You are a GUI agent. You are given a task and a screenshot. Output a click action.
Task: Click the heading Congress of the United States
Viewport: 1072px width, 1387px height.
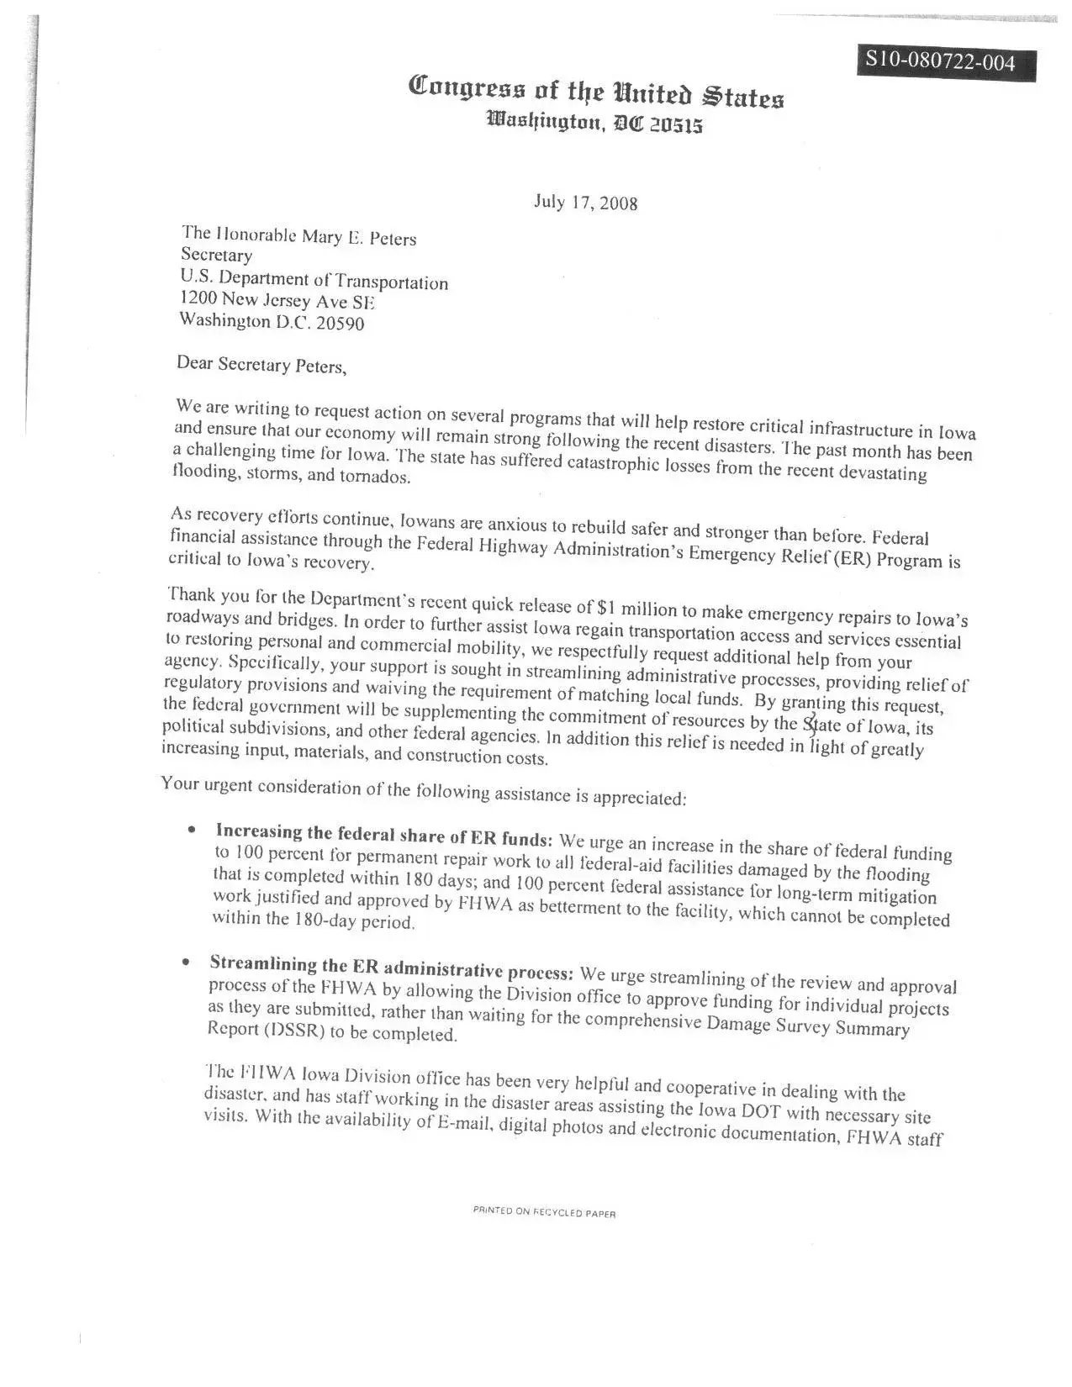596,91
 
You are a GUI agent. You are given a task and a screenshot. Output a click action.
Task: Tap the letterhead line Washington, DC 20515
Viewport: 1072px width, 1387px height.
594,124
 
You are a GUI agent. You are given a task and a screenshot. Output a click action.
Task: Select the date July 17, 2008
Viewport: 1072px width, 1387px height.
585,203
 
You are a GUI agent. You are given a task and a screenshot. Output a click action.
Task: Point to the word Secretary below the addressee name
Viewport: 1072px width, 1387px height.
216,255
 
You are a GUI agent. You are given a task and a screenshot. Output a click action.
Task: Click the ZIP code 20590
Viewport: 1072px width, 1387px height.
339,324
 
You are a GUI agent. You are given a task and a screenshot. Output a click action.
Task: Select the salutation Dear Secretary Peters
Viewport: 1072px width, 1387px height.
261,365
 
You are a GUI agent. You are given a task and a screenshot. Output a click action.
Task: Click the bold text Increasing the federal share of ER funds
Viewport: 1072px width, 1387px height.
384,835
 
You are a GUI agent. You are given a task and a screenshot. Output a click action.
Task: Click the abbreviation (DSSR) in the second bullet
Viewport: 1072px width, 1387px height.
283,1031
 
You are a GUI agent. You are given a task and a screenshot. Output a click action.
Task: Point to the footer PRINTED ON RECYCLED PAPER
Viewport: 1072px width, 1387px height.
544,1213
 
